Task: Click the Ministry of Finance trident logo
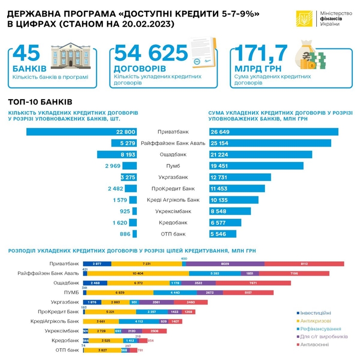tap(303, 19)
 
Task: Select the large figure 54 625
tap(150, 54)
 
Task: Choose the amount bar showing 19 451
tap(256, 166)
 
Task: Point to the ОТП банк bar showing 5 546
tap(223, 234)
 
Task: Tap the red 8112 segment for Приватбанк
tap(304, 263)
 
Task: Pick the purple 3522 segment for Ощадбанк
tap(199, 283)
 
